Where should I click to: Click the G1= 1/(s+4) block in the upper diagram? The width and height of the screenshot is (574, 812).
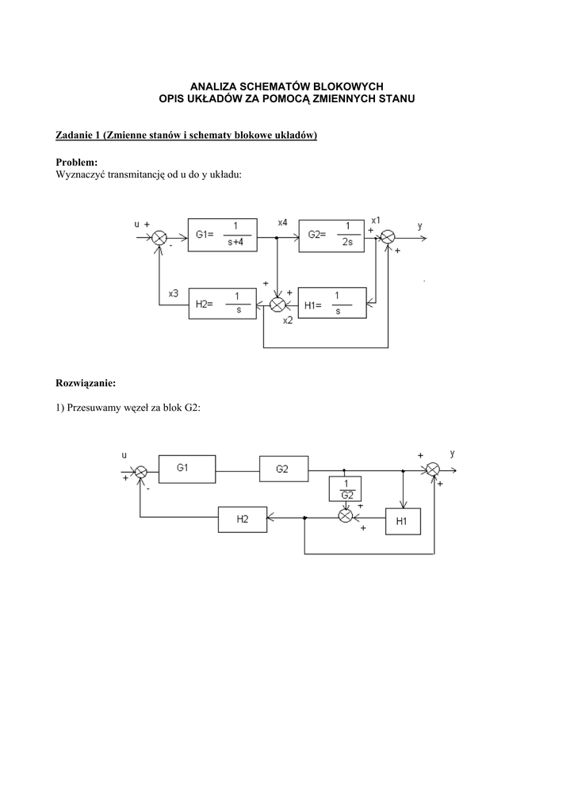(x=223, y=235)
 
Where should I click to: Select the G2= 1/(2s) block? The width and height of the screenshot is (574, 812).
(x=331, y=236)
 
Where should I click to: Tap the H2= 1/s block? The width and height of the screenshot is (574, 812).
(x=223, y=304)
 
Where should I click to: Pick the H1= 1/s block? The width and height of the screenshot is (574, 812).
(x=332, y=303)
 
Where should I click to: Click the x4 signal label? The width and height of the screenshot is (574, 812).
(x=282, y=223)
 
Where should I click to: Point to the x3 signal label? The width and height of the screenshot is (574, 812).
(x=174, y=293)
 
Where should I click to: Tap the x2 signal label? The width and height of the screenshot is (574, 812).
(x=288, y=320)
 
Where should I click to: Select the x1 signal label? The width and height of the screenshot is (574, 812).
(x=377, y=219)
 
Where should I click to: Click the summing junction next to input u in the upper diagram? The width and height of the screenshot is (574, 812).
(x=159, y=238)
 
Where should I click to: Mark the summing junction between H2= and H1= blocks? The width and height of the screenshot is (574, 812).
(x=278, y=304)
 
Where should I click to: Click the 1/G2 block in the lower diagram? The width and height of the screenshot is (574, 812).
(x=345, y=488)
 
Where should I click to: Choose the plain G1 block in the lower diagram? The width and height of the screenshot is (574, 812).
(x=187, y=469)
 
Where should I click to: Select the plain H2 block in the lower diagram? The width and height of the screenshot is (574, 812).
(x=243, y=519)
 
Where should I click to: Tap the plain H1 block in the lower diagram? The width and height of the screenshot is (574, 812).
(x=404, y=522)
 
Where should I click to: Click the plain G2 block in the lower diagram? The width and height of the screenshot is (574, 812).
(x=284, y=469)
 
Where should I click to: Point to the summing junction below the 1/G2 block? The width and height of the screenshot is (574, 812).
(x=345, y=515)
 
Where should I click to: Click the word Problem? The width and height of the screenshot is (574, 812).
(x=77, y=163)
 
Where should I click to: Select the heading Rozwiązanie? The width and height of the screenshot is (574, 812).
(x=86, y=384)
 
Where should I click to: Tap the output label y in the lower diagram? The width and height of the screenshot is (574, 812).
(x=453, y=454)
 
